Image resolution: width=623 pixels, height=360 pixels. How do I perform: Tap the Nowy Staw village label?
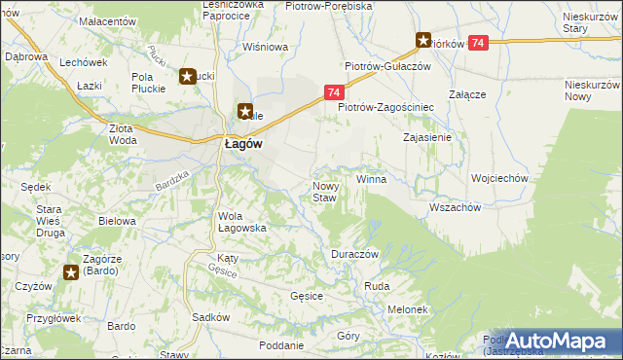pyautogui.click(x=324, y=192)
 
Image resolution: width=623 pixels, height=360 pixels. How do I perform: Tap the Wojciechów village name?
pyautogui.click(x=498, y=179)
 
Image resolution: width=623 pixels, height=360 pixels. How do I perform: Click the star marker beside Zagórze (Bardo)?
pyautogui.click(x=71, y=272)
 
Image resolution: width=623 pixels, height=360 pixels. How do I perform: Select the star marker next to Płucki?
pyautogui.click(x=186, y=75)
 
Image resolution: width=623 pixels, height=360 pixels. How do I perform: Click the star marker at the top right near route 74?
pyautogui.click(x=423, y=41)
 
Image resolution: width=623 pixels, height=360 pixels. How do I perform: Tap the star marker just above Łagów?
pyautogui.click(x=244, y=112)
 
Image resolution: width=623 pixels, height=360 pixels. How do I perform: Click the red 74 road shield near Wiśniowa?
pyautogui.click(x=333, y=92)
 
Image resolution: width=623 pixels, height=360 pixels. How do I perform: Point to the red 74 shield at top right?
pyautogui.click(x=478, y=43)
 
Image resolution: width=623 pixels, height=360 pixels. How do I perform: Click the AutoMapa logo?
pyautogui.click(x=557, y=341)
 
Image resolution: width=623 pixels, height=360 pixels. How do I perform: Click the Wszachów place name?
pyautogui.click(x=455, y=207)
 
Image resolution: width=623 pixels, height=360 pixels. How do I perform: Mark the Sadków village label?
pyautogui.click(x=210, y=317)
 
